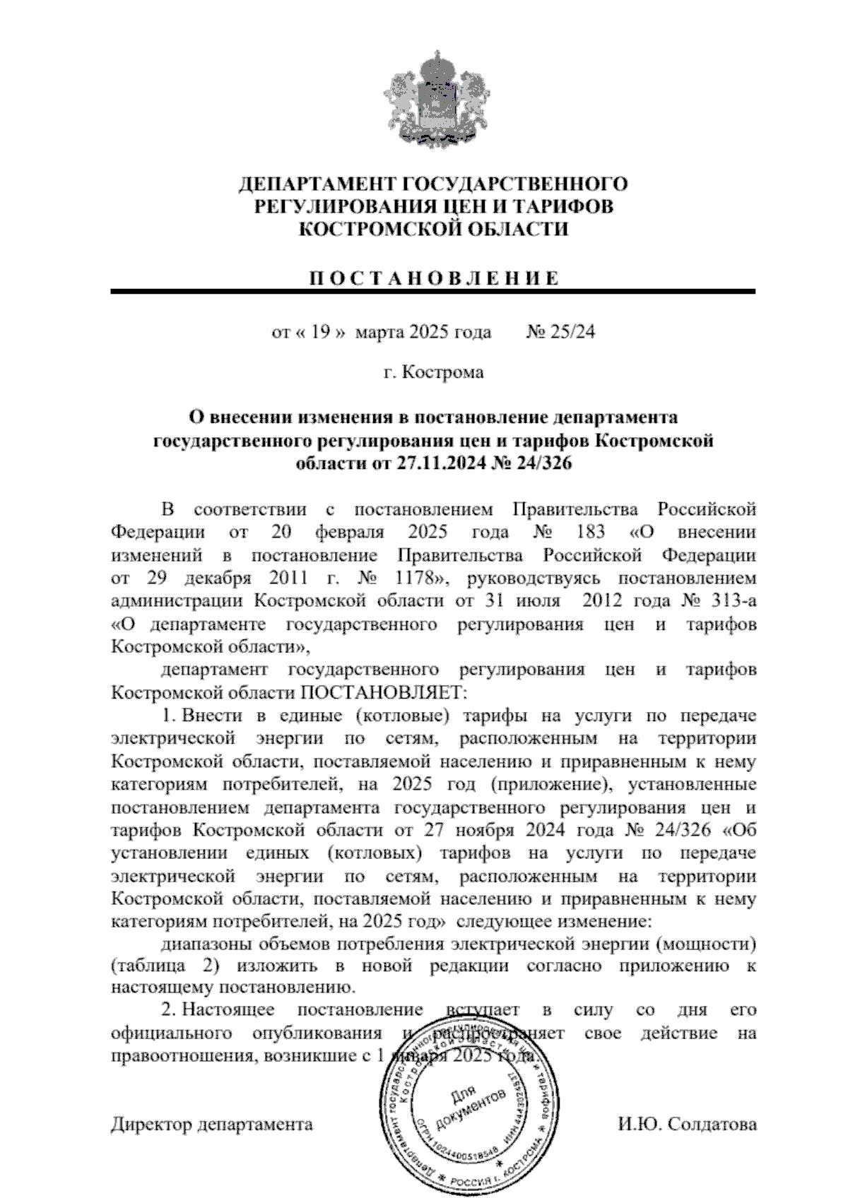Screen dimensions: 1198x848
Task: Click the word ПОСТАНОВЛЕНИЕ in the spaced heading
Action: click(x=432, y=278)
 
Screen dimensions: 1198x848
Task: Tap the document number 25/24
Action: click(x=571, y=331)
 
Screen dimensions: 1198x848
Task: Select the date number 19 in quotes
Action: click(x=320, y=331)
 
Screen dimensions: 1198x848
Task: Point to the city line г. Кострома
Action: click(x=433, y=372)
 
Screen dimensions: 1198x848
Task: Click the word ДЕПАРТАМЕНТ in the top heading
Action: click(x=316, y=184)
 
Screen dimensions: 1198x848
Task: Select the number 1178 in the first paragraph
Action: click(x=417, y=578)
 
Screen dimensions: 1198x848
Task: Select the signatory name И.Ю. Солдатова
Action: click(x=687, y=1124)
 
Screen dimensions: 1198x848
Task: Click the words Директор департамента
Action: click(x=211, y=1124)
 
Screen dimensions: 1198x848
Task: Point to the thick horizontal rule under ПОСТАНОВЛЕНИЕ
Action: click(x=432, y=291)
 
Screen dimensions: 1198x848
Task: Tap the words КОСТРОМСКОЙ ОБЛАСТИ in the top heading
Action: click(x=432, y=230)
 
